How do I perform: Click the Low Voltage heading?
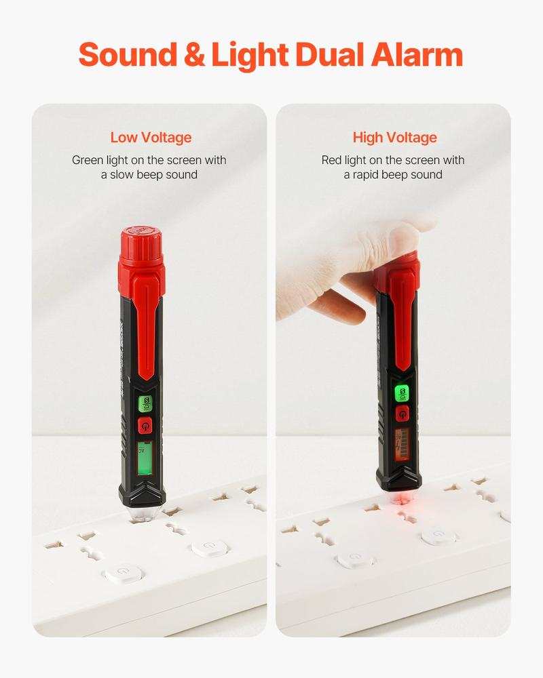(x=151, y=138)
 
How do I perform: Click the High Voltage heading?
(x=394, y=138)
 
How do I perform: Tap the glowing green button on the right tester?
(x=403, y=393)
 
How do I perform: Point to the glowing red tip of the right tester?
(x=400, y=500)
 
